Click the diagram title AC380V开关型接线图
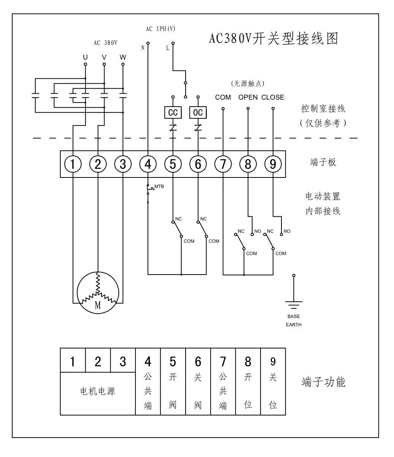273,38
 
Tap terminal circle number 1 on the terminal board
73,164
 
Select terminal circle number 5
173,164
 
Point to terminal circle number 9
273,164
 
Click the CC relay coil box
173,113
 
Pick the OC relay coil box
198,113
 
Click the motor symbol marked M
98,292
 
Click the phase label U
85,58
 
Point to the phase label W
122,58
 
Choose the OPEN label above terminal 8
248,97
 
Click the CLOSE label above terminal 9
273,97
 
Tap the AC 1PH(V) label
160,29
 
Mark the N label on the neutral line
143,48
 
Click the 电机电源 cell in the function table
98,391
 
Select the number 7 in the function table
223,361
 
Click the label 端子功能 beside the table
324,382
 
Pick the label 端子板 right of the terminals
323,163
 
